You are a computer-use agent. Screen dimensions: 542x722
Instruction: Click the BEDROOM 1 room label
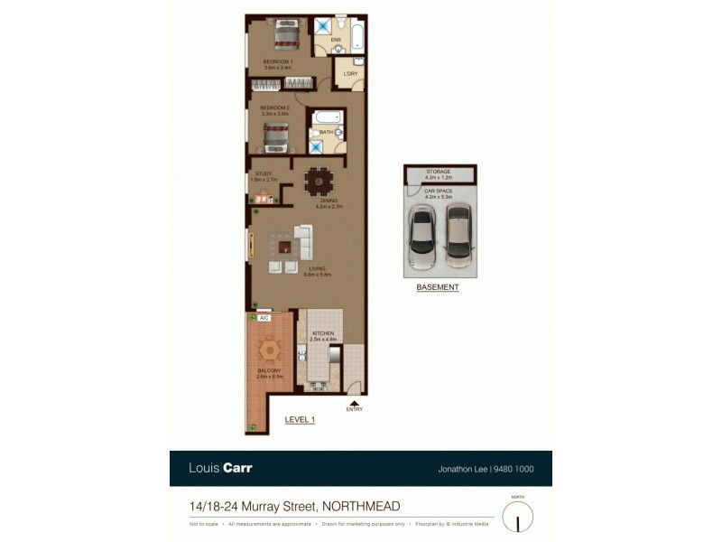coord(278,61)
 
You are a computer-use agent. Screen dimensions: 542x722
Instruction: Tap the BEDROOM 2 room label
coord(273,107)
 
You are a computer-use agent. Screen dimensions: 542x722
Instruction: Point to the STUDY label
coord(264,173)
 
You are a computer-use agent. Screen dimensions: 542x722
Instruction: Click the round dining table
coord(318,182)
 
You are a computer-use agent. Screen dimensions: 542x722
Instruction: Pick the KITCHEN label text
coord(323,333)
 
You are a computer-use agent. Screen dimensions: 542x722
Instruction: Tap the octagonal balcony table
coord(270,348)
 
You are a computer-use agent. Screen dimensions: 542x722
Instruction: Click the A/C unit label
coord(264,318)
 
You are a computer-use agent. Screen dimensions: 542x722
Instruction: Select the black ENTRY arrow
coord(354,404)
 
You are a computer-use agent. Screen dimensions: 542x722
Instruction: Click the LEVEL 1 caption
coord(300,419)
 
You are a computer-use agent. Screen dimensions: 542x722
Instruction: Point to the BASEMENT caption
coord(438,287)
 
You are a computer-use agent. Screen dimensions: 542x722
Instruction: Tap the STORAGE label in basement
coord(440,172)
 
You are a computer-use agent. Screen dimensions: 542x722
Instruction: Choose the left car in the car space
coord(421,237)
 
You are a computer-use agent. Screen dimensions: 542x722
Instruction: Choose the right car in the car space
coord(458,235)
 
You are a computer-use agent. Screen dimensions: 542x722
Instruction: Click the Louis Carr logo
coord(220,468)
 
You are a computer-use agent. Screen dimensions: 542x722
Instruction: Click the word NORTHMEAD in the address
coord(361,507)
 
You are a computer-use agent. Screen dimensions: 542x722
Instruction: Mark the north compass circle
coord(517,516)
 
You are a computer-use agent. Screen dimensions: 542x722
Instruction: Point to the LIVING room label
coord(317,268)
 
